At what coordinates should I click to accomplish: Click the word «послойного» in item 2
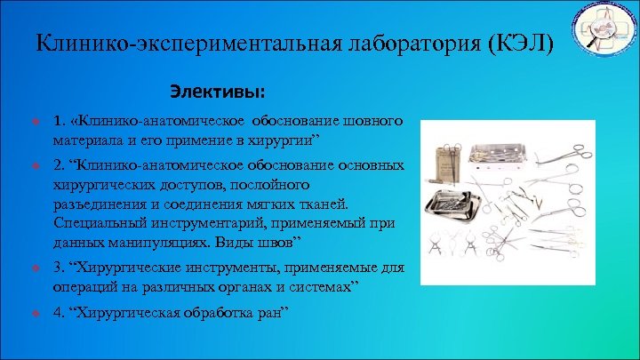tap(270, 185)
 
